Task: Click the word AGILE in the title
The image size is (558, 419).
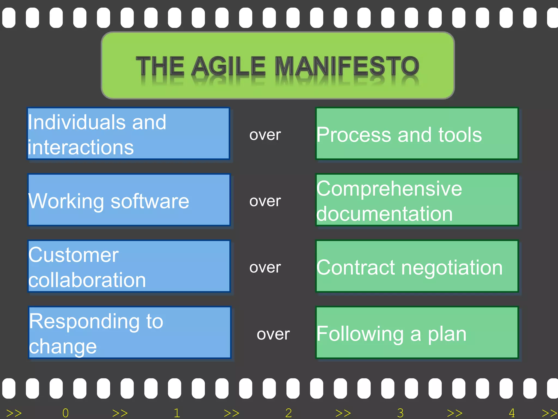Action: click(x=228, y=66)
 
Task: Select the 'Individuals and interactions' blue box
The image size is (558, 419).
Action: click(x=128, y=134)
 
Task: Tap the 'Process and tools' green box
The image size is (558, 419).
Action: click(x=417, y=134)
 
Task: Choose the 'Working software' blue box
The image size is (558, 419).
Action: click(x=129, y=200)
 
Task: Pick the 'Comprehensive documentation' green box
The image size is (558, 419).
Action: click(x=417, y=200)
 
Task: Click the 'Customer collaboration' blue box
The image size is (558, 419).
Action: click(x=129, y=267)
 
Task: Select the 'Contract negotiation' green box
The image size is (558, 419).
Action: click(x=417, y=267)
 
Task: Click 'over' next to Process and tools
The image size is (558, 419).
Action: click(x=265, y=135)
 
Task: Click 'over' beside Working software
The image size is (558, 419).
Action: click(x=265, y=201)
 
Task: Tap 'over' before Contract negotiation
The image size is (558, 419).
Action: click(x=265, y=267)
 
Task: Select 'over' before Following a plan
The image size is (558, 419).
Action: click(x=273, y=334)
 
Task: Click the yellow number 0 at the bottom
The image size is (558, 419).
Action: click(x=65, y=413)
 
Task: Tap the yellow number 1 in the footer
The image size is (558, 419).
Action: click(x=177, y=413)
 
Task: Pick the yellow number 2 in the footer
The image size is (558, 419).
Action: click(x=289, y=413)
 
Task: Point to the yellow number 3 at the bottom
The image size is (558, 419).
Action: click(x=400, y=413)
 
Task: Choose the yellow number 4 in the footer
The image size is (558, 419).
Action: click(x=512, y=413)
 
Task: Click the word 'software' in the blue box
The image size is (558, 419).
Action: click(x=150, y=201)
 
